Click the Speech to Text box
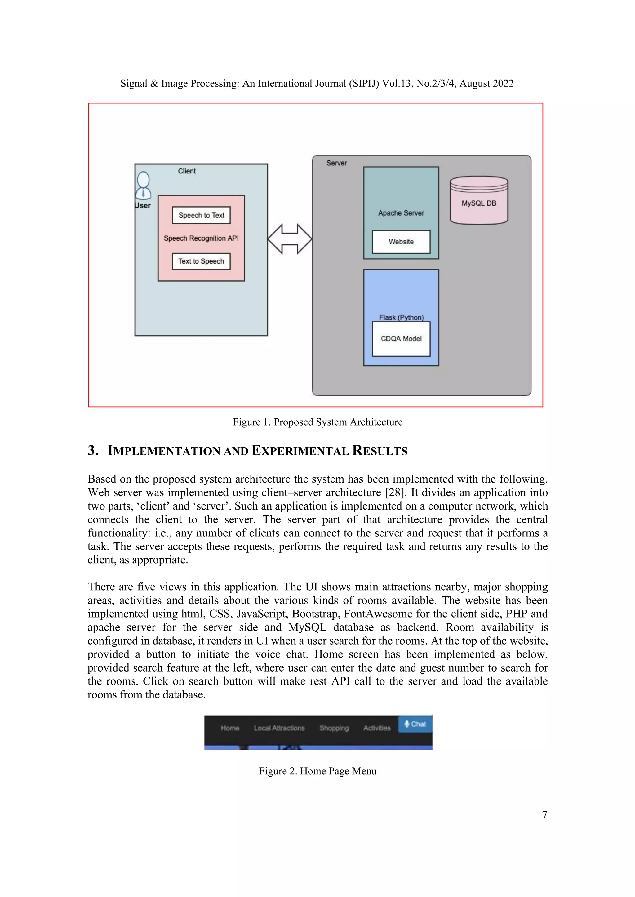coord(201,215)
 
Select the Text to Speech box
coord(201,261)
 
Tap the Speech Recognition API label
coord(201,238)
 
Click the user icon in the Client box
coord(143,186)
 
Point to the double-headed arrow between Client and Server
coord(290,239)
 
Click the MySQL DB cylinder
coord(479,201)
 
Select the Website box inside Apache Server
coord(401,242)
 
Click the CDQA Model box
coord(401,339)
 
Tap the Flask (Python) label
coord(401,317)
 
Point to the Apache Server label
coord(401,213)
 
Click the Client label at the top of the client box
coord(187,171)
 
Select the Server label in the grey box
coord(337,163)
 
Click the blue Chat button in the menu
coord(415,724)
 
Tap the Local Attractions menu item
coord(279,728)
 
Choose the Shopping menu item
coord(334,728)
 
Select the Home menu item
coord(230,728)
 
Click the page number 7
coord(545,815)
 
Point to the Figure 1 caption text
coord(317,422)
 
